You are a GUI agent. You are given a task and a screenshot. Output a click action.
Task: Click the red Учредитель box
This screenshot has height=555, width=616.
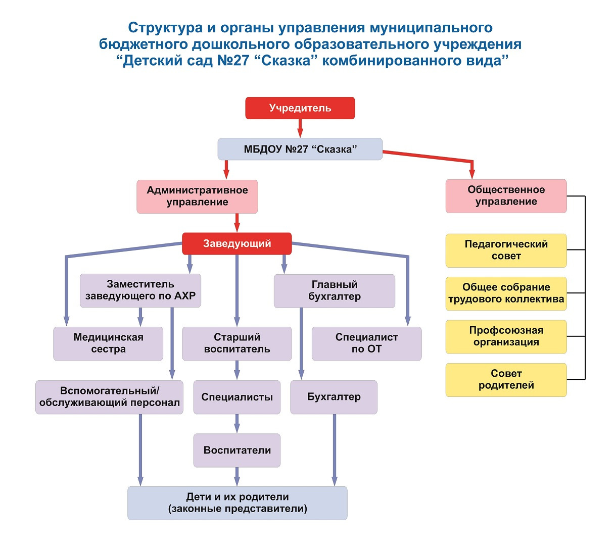pos(300,108)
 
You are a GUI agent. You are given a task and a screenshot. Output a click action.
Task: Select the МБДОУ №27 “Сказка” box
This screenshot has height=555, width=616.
pos(300,149)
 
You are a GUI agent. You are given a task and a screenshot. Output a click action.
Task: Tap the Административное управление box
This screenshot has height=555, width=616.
pos(197,196)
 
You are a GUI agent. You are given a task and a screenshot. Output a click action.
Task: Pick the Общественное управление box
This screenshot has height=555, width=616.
pos(506,195)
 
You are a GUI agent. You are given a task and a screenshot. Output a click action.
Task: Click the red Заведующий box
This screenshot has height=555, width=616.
pos(236,243)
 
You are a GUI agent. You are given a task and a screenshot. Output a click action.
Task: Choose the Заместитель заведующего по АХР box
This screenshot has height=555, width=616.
pos(140,290)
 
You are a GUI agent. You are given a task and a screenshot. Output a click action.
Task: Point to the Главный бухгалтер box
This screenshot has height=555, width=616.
pos(334,291)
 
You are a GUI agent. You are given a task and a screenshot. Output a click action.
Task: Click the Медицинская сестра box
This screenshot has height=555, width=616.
pos(108,343)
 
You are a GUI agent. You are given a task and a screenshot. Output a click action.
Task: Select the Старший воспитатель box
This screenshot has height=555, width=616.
pos(236,343)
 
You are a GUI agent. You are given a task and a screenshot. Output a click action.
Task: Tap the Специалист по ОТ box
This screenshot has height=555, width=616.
pos(366,343)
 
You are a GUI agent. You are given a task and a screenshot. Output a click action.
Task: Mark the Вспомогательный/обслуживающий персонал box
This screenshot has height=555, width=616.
pos(109,397)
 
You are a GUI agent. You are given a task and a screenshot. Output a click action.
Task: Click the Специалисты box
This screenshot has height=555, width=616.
pos(236,397)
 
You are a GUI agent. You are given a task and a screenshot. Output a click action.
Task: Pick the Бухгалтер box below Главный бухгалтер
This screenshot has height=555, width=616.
pos(334,397)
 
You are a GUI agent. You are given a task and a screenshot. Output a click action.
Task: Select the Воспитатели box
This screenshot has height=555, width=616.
pos(236,450)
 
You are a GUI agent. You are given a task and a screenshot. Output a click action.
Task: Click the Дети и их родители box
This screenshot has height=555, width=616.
pos(237,503)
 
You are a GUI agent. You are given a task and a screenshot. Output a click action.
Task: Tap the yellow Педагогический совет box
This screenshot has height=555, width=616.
pos(506,250)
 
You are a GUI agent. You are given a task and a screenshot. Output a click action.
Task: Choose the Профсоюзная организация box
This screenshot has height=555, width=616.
pos(506,336)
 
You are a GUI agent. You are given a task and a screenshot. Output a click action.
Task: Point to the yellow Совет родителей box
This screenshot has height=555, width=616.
pos(506,379)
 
